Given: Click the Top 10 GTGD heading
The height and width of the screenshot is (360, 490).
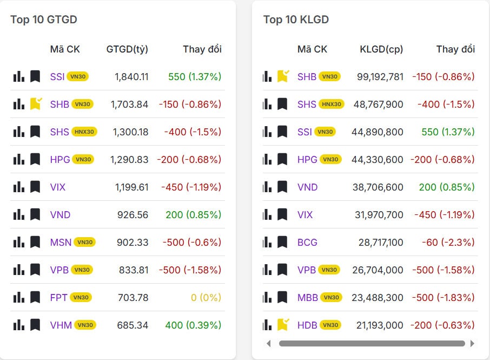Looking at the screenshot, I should click(44, 19).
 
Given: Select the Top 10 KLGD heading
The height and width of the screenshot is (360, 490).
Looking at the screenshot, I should click(296, 19).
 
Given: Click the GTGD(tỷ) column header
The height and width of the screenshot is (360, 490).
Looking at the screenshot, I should click(127, 49).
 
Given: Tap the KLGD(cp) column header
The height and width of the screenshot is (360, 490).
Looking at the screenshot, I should click(381, 49).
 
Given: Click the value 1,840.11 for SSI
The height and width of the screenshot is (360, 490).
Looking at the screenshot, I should click(131, 76).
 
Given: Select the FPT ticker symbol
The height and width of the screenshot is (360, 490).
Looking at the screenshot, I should click(59, 297).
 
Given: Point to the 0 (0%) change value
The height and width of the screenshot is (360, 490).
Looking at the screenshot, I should click(207, 297).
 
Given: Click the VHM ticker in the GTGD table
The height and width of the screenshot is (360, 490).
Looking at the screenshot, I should click(61, 325).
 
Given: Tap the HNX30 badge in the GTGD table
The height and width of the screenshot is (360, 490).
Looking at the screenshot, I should click(85, 132).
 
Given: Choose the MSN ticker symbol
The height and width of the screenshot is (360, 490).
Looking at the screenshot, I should click(61, 242).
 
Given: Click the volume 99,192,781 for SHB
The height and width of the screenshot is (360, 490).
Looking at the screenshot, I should click(380, 76).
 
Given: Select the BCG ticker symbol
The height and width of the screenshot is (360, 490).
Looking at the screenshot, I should click(307, 242).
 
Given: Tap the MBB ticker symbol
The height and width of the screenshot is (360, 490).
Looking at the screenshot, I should click(308, 297).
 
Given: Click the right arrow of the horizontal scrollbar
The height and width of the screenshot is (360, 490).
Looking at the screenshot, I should click(472, 343).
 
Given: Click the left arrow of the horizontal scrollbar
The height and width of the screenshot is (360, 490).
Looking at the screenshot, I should click(269, 343).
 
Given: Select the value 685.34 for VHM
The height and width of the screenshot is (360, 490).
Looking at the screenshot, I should click(133, 325).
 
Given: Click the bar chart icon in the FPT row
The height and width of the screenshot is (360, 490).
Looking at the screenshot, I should click(19, 297).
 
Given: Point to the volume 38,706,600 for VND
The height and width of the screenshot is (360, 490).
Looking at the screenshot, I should click(381, 187).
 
